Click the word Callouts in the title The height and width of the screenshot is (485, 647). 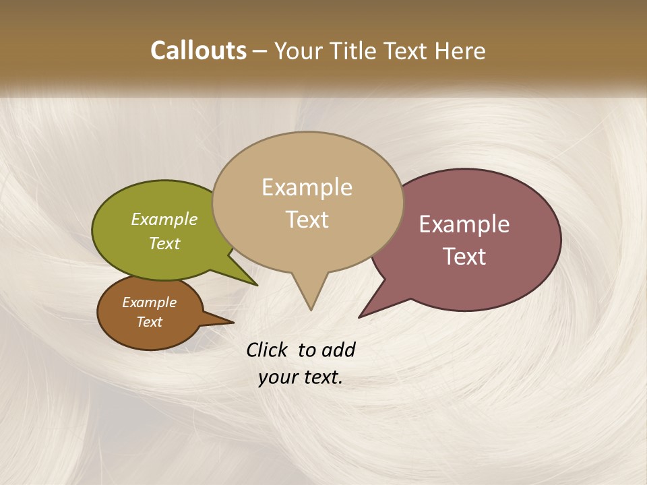point(198,51)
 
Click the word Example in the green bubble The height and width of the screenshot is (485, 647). point(164,220)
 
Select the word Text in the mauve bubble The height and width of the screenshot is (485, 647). point(465,257)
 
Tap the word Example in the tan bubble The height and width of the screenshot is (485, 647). point(307,187)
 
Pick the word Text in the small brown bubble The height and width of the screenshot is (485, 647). point(150,322)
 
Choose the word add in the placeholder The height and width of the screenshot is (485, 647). point(338,350)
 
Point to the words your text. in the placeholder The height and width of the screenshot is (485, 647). point(301,378)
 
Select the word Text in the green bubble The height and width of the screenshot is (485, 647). point(164,244)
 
